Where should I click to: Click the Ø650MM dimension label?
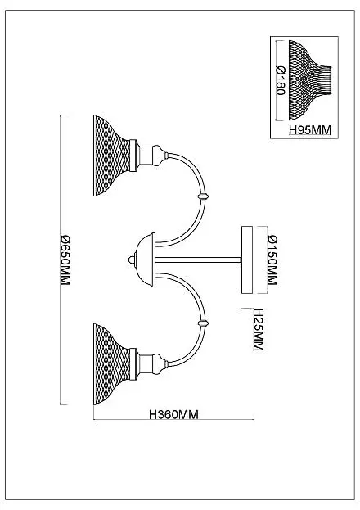tap(65, 260)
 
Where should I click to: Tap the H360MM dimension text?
tap(173, 415)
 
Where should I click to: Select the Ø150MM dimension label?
tap(272, 260)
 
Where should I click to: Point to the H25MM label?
tap(259, 329)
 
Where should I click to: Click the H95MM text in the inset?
tap(310, 130)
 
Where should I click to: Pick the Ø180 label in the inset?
tap(281, 80)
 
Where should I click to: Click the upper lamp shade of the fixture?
tap(111, 156)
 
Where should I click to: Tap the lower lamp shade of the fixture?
tap(111, 364)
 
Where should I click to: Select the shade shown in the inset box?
tap(310, 80)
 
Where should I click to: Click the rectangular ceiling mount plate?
tap(247, 260)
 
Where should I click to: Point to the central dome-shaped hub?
tap(146, 260)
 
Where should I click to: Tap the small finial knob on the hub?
tap(132, 260)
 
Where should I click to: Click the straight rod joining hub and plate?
tap(198, 260)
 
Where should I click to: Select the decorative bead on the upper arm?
tap(203, 196)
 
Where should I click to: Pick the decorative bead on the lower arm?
tap(203, 323)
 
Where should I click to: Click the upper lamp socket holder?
tap(149, 156)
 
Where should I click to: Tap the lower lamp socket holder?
tap(149, 364)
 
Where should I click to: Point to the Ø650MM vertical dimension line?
tap(61, 260)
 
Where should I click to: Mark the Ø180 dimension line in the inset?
tap(277, 80)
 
